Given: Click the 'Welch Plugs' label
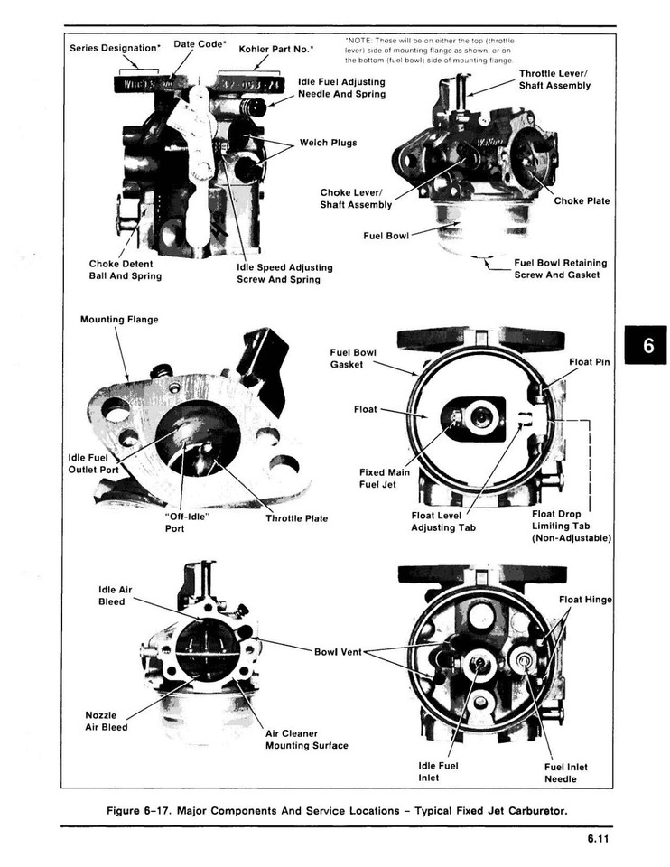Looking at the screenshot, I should (328, 143).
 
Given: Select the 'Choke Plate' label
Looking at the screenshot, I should (582, 200).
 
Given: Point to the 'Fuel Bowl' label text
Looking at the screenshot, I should (386, 236).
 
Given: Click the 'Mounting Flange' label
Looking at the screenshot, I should (118, 320).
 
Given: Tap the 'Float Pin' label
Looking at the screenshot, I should (589, 362).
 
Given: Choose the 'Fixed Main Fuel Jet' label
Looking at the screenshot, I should (384, 478).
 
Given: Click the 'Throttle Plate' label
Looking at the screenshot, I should (296, 518).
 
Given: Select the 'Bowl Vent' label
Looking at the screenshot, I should (337, 651).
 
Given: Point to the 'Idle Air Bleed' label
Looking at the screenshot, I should (115, 595).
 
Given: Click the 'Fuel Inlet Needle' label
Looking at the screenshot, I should (565, 773).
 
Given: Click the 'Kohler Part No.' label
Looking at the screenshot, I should (276, 49).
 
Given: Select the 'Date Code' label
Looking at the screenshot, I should (200, 43).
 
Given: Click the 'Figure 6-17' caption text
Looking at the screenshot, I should (337, 810).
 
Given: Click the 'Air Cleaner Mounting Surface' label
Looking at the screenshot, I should (306, 740).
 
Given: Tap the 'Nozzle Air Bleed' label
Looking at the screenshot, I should (106, 721).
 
